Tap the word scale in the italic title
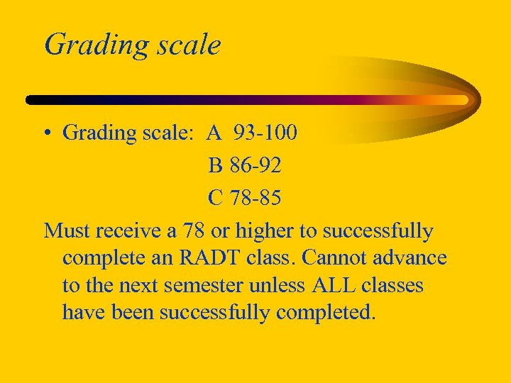click(186, 45)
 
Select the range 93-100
click(265, 133)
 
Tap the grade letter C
click(215, 198)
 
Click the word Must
click(67, 231)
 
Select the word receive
click(129, 231)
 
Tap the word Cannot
click(352, 257)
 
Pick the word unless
click(272, 285)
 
